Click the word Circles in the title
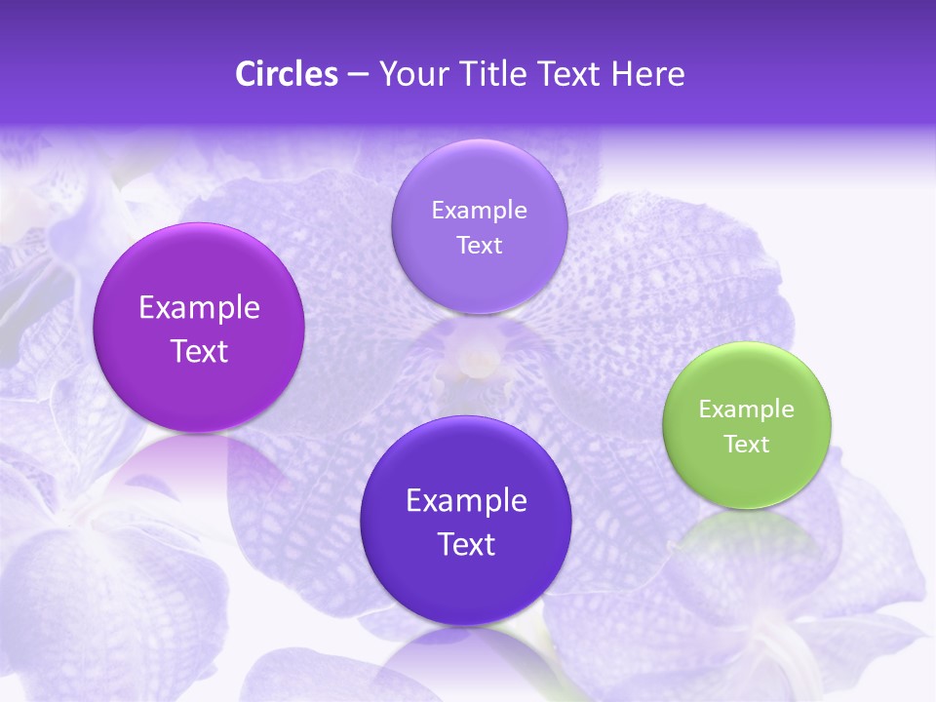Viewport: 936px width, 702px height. (x=286, y=74)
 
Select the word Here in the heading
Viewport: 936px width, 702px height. (x=647, y=74)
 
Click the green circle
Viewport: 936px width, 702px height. (x=746, y=425)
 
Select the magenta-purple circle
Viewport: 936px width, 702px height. (x=199, y=328)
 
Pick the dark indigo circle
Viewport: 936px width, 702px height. (x=466, y=521)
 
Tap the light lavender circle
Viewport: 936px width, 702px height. (x=479, y=226)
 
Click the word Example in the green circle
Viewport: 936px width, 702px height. (x=746, y=409)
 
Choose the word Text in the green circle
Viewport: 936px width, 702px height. (x=747, y=445)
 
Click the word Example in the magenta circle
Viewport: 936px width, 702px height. (x=199, y=308)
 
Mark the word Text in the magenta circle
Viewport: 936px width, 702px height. (x=199, y=351)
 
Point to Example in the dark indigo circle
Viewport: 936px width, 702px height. (x=466, y=501)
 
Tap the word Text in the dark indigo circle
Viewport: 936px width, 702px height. (x=466, y=544)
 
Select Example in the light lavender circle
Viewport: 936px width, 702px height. (x=479, y=210)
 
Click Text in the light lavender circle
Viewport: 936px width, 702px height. (x=479, y=245)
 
